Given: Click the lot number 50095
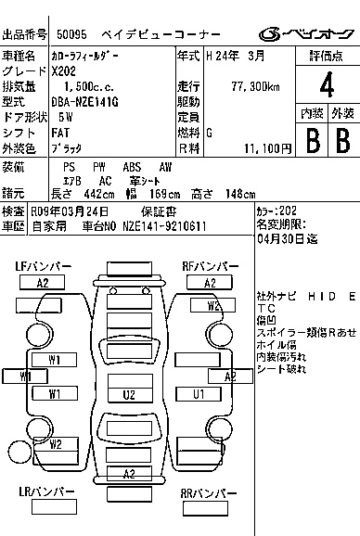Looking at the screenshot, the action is [71, 34].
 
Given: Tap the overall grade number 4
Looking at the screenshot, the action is [327, 85].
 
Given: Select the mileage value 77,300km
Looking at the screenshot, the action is [255, 87].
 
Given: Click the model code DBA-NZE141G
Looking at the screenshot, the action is [85, 102].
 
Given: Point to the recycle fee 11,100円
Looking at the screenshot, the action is [268, 148].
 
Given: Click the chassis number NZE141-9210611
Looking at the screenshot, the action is [164, 226].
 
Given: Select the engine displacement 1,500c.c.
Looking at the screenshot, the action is [89, 87].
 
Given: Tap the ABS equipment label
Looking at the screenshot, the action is [132, 167].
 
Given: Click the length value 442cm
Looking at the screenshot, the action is [99, 194].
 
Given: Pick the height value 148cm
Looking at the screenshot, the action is [240, 194].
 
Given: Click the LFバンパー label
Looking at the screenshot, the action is [44, 266].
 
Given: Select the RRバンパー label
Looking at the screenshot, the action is [208, 493].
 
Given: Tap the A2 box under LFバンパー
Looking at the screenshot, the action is [43, 283].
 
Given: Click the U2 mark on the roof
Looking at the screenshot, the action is [129, 395].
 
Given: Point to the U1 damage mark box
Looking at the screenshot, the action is [199, 394].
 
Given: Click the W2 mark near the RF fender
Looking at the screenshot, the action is [212, 305].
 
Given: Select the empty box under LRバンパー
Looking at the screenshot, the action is [55, 507].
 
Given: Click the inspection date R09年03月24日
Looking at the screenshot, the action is [70, 212].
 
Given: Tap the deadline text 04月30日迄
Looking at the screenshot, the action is [288, 239].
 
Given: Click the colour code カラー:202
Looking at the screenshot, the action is [276, 211].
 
